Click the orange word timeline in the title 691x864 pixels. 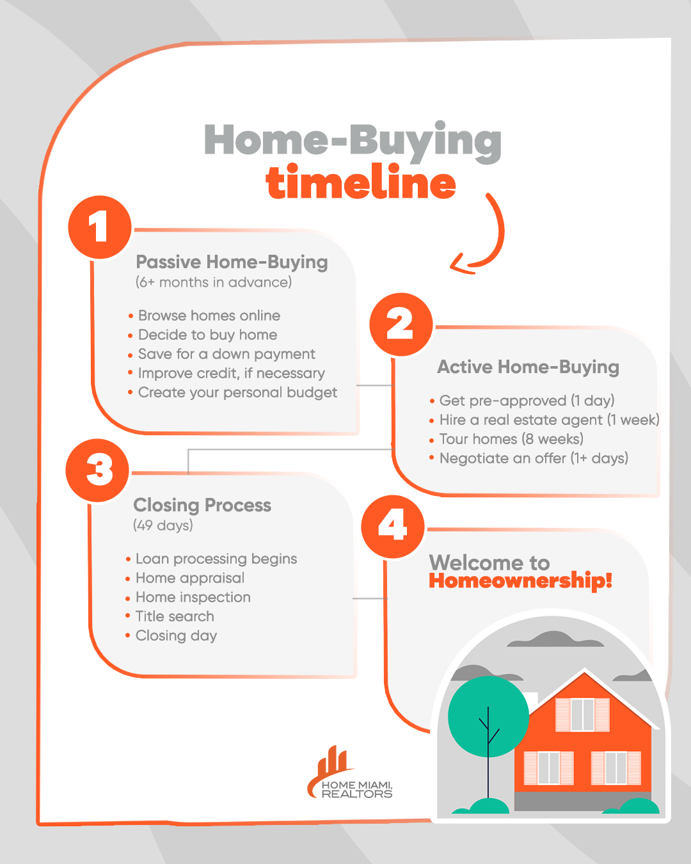click(x=361, y=182)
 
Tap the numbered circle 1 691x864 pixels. click(x=100, y=227)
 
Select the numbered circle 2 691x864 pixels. click(x=401, y=324)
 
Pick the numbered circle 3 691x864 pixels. click(x=97, y=470)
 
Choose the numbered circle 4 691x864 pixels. click(x=393, y=526)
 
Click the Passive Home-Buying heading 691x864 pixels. click(x=232, y=262)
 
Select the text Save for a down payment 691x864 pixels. click(x=226, y=354)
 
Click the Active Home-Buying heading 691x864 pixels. click(x=528, y=367)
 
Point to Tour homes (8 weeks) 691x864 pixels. click(x=511, y=439)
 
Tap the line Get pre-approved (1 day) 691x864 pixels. click(x=527, y=400)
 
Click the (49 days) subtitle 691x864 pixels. click(x=163, y=525)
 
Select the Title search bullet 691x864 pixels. click(x=175, y=616)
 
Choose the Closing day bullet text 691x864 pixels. click(x=176, y=636)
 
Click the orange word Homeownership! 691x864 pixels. click(x=520, y=581)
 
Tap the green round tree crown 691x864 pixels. click(x=488, y=717)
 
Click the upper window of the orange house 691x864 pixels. click(x=582, y=715)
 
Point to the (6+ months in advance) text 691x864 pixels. click(x=214, y=282)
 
